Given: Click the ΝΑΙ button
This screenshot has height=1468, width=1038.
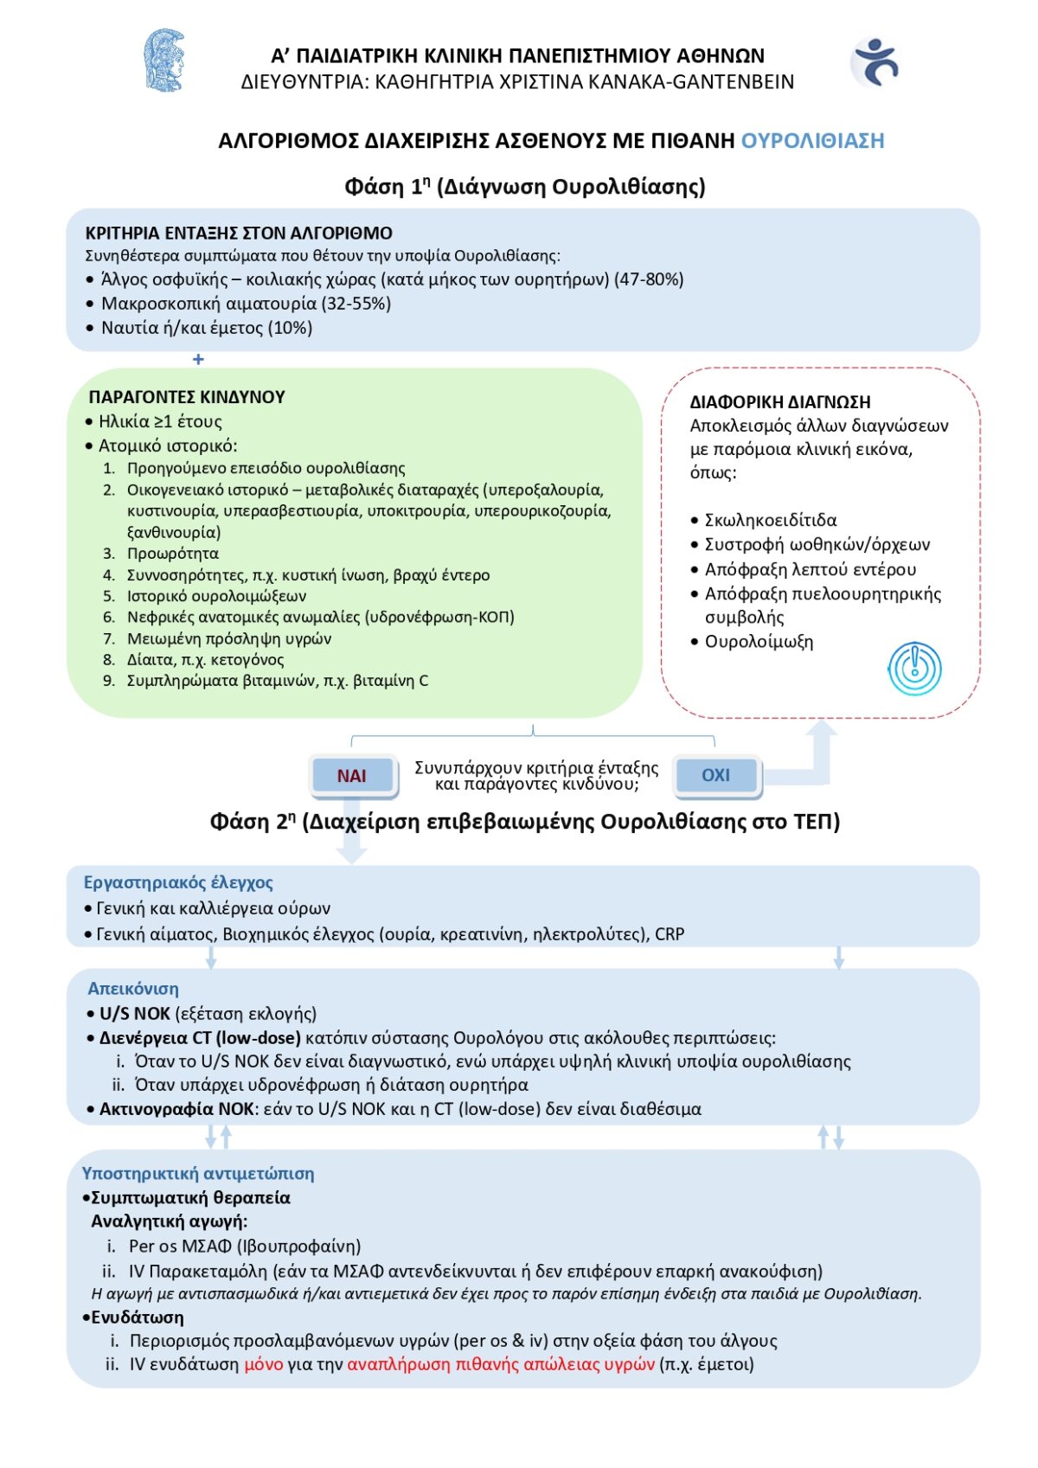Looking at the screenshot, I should pos(352,776).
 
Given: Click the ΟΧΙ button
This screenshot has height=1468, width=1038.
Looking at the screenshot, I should pos(715,775).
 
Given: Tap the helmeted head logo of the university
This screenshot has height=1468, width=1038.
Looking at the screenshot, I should pos(163,61).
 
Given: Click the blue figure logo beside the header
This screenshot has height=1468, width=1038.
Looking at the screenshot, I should pos(876,62).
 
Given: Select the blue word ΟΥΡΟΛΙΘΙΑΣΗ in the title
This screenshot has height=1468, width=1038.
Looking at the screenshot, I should pos(812,141).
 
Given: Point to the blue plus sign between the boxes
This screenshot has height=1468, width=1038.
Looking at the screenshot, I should pos(198,359).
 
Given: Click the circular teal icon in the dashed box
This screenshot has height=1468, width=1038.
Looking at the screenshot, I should pos(914,669).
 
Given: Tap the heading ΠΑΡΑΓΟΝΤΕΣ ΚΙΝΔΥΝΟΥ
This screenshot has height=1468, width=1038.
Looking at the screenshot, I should pos(187,397).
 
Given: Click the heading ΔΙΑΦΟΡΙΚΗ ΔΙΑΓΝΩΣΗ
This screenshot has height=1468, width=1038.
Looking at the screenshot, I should pos(779,402).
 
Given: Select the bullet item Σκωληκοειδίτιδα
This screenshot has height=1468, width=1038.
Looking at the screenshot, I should pos(770,520).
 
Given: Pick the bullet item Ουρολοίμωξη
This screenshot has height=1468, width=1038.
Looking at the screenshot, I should pos(759,642).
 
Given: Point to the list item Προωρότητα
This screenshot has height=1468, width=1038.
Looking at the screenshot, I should pos(173,554).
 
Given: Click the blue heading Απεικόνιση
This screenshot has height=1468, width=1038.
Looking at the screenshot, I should pos(133,989).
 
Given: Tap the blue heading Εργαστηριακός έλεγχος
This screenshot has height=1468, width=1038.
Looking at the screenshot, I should pos(178,882).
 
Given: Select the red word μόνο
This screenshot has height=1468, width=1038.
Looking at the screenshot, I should pos(264,1364).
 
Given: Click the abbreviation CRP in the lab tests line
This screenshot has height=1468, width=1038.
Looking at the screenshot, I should pos(670,934).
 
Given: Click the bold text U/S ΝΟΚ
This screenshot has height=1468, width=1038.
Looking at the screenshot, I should pos(135,1014).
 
